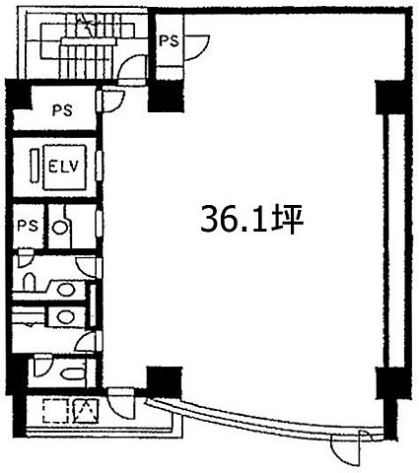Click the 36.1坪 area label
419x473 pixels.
tap(251, 219)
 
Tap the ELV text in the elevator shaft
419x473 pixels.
tap(64, 167)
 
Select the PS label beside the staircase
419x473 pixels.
tap(169, 40)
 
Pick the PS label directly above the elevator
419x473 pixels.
tap(62, 110)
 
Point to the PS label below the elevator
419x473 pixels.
tap(28, 226)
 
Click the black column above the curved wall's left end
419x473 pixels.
tap(165, 381)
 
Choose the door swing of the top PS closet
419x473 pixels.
tap(196, 47)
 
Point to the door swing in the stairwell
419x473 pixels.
tap(131, 68)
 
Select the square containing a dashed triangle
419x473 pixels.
tap(85, 410)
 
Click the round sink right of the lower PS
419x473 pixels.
tap(60, 227)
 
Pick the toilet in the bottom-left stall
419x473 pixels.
tap(74, 373)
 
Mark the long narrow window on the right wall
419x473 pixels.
tap(394, 240)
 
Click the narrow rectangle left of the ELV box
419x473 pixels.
tap(35, 165)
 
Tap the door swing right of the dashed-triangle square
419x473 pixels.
tap(121, 404)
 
